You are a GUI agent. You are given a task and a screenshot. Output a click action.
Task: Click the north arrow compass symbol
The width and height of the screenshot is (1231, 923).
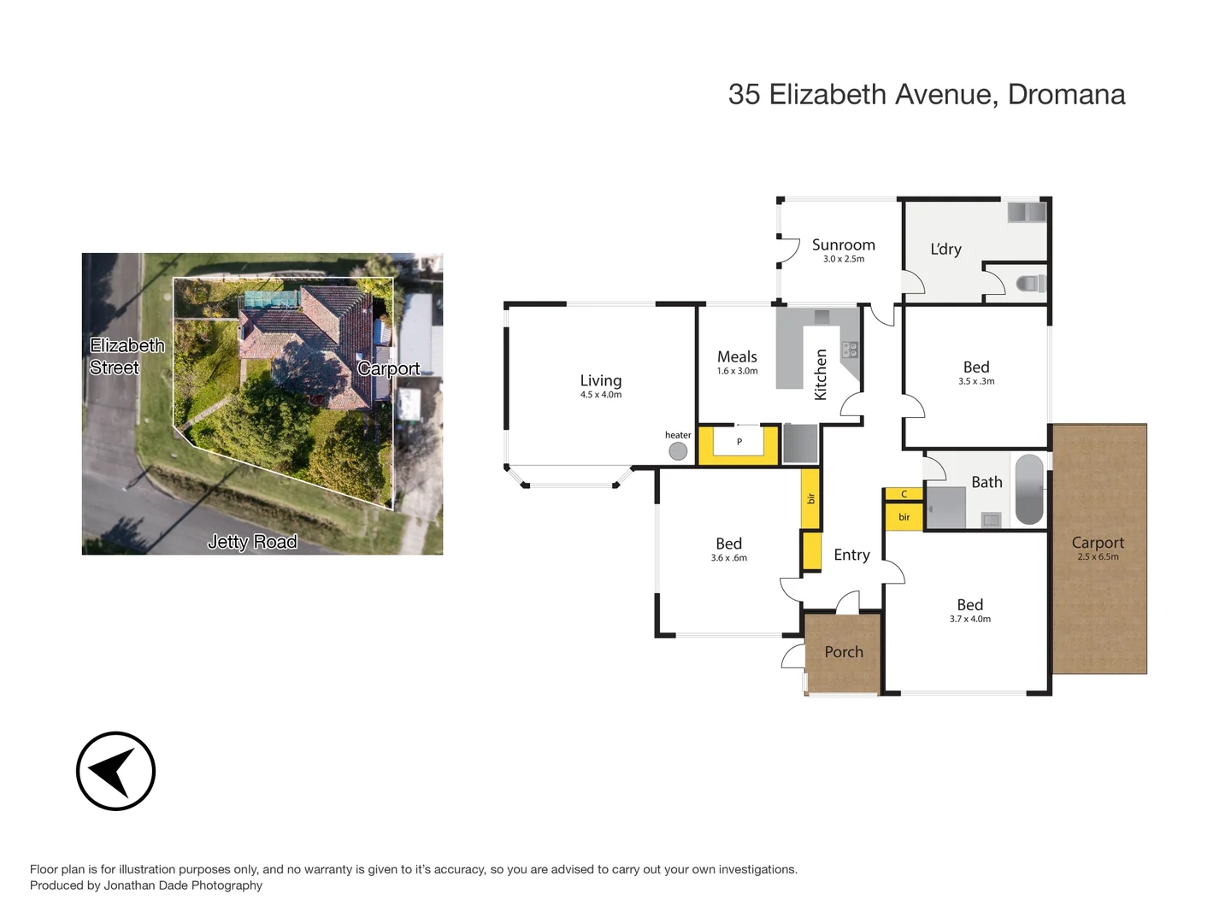coord(115,771)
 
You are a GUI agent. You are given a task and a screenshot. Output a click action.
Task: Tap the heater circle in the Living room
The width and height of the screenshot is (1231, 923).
coord(678,451)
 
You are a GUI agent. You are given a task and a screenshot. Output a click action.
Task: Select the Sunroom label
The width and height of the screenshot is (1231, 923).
coord(843,245)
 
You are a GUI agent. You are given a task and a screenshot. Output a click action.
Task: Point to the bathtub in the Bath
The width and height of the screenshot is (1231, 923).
coord(1029,490)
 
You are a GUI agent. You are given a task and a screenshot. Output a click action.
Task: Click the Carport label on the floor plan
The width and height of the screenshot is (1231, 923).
coord(1098,543)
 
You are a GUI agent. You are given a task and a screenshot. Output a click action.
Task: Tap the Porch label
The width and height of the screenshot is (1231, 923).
coord(844,652)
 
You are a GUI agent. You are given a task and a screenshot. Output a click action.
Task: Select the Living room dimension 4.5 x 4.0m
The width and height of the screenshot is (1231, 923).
coord(601,395)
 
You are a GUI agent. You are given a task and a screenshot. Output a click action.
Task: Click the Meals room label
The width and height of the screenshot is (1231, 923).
coord(737,356)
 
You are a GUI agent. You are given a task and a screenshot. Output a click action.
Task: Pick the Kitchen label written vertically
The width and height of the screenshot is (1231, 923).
coord(821,374)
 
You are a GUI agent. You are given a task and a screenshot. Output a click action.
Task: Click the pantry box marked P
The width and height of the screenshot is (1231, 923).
coord(739,443)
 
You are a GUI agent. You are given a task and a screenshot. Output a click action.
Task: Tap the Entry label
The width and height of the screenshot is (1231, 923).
coord(851,555)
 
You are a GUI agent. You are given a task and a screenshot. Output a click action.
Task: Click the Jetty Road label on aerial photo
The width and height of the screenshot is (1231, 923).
coord(252,542)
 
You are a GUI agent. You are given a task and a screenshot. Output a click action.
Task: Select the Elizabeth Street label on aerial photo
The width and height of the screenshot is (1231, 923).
coord(127,356)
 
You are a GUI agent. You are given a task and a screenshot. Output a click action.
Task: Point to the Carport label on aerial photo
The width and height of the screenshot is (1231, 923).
coord(389,368)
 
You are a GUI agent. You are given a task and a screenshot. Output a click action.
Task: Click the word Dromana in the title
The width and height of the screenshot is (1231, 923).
coord(1066,94)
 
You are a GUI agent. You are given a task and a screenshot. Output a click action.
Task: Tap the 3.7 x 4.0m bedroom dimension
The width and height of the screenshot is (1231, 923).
coord(969,619)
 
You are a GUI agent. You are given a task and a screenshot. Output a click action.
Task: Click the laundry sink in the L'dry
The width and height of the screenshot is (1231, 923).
coord(1026,211)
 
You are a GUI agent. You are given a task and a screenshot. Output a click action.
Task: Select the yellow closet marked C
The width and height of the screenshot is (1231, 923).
coord(904,494)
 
